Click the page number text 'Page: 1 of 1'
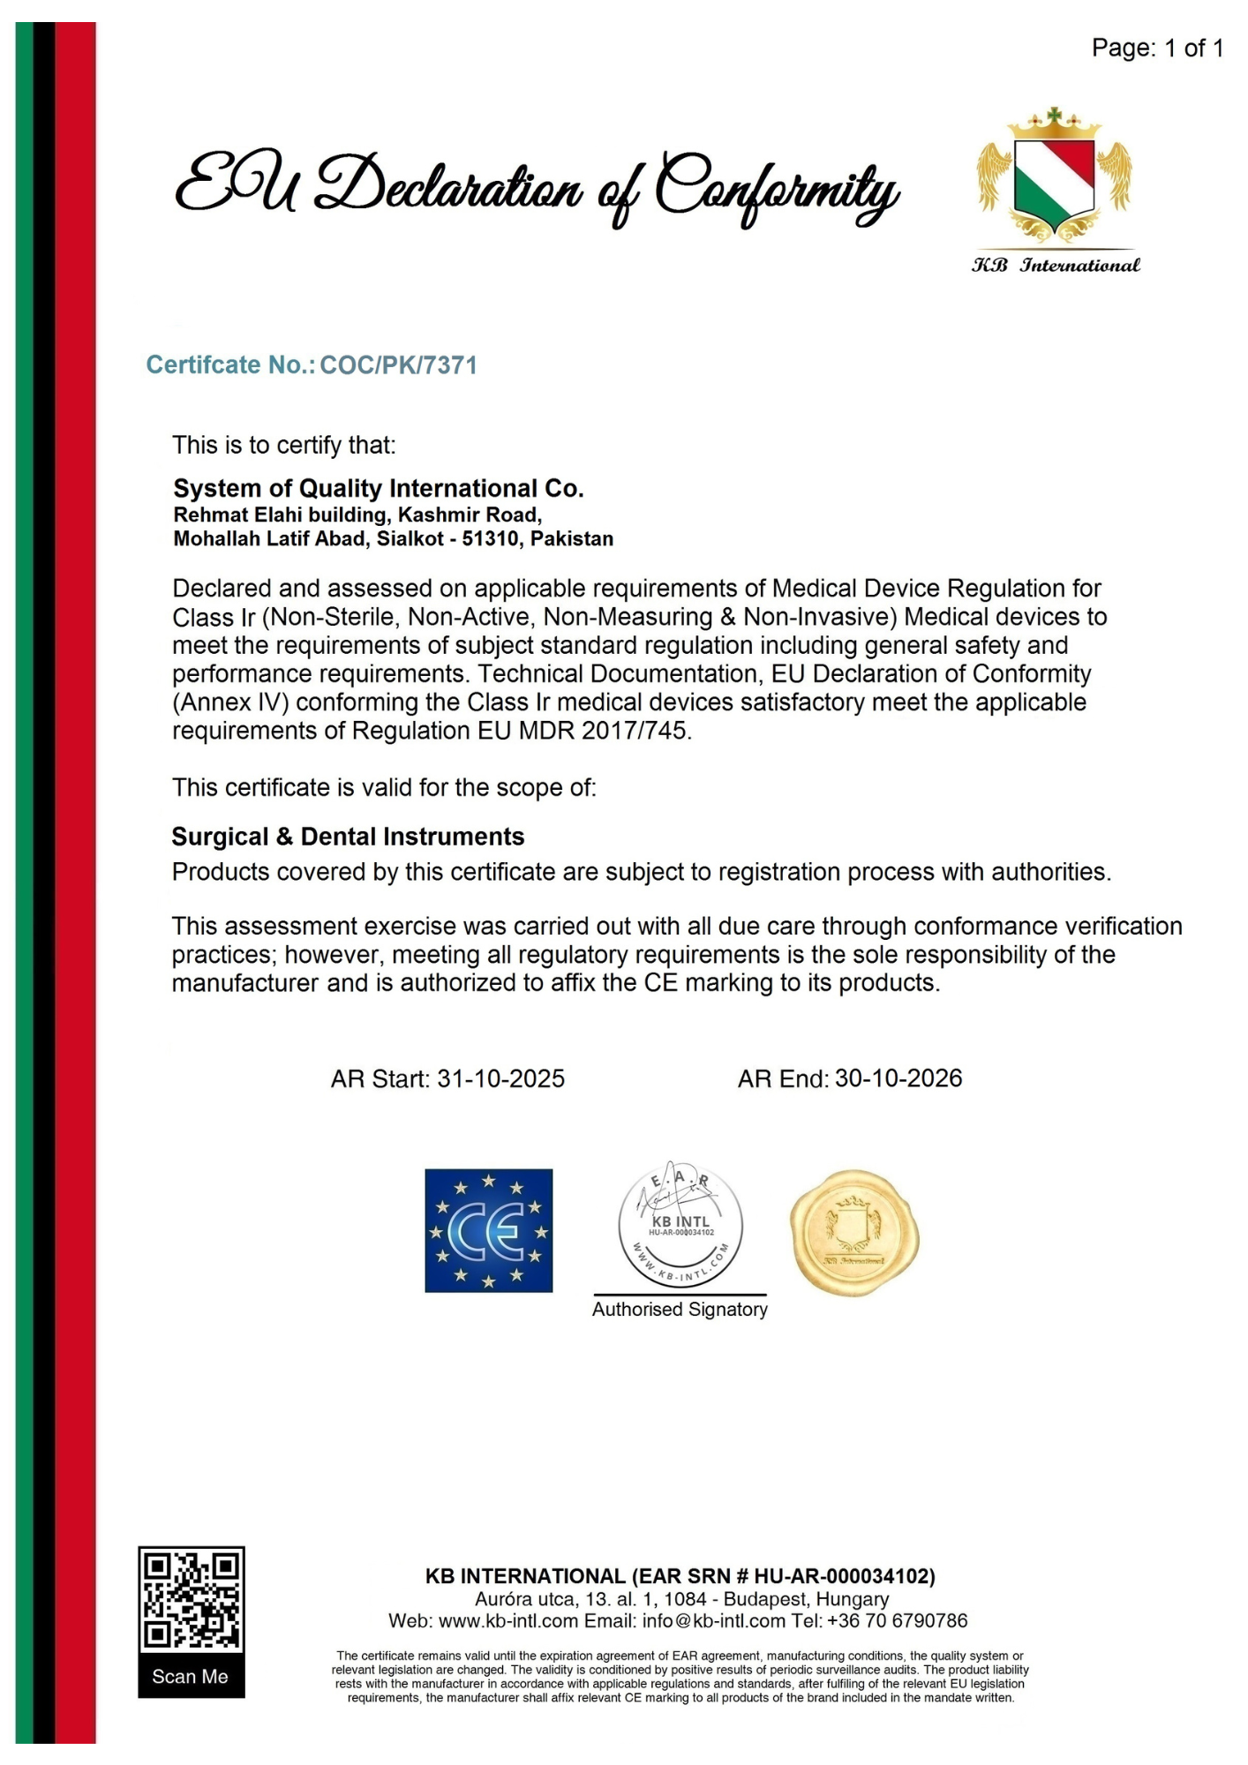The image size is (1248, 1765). click(x=1156, y=48)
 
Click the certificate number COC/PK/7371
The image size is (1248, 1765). click(x=398, y=365)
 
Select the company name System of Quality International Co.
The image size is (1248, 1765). click(x=379, y=488)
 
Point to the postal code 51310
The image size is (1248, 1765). click(x=490, y=539)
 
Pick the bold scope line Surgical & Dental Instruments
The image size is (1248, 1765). click(x=348, y=837)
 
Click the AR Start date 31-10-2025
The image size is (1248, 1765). click(x=500, y=1078)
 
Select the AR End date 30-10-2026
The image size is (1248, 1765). click(x=898, y=1078)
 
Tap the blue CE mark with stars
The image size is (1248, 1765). click(x=489, y=1230)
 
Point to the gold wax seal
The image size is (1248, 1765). click(x=853, y=1233)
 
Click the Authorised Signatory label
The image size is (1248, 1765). click(x=680, y=1310)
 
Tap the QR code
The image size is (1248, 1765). click(x=192, y=1598)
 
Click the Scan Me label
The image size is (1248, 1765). click(x=191, y=1677)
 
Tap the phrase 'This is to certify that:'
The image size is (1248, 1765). click(x=283, y=445)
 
